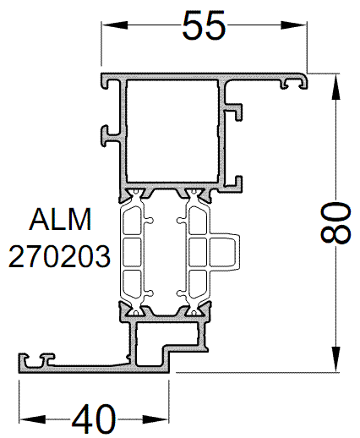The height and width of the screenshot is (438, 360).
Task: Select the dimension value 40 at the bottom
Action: tap(94, 418)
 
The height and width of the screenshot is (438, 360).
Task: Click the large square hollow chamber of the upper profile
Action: tap(173, 131)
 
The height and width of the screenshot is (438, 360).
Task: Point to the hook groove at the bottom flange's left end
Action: tap(34, 361)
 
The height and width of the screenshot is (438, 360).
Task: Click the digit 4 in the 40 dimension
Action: tap(81, 418)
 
